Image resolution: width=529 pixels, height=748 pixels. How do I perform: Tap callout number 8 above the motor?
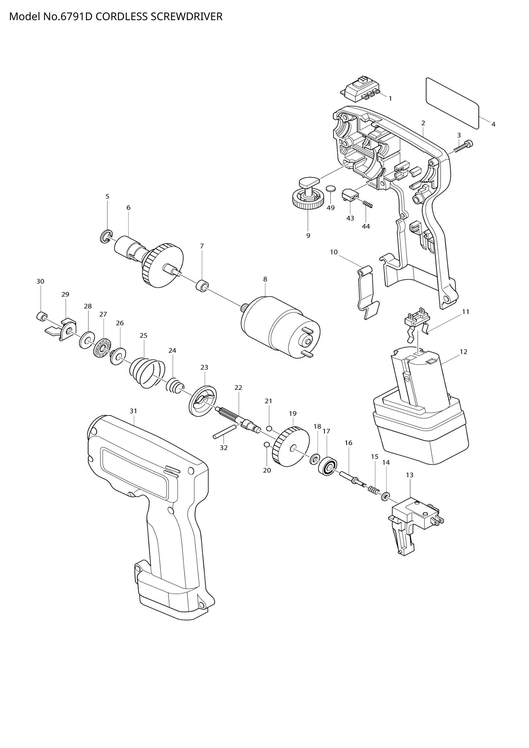[x=265, y=279]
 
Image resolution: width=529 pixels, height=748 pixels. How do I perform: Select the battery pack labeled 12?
[x=420, y=407]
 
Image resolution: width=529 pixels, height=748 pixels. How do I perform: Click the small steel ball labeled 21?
[x=269, y=428]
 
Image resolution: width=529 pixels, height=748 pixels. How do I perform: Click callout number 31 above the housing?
[x=134, y=411]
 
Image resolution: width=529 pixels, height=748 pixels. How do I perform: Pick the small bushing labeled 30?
[x=41, y=316]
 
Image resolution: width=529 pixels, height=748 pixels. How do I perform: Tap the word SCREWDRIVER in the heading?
[x=186, y=17]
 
